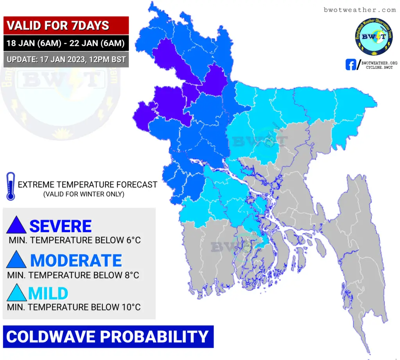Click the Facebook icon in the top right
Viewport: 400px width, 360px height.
pos(351,65)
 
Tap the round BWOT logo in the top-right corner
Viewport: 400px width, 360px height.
pos(374,37)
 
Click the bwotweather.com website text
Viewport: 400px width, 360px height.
pos(360,10)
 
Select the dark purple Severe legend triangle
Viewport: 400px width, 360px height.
pos(16,225)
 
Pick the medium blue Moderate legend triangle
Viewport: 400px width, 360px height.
pos(16,259)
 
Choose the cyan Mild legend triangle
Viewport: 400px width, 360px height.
pos(16,292)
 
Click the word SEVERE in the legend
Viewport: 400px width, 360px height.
pos(61,226)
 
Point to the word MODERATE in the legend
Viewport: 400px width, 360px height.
pos(76,260)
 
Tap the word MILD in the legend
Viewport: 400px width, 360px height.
pos(48,294)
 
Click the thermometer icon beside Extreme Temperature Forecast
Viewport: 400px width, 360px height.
pos(11,186)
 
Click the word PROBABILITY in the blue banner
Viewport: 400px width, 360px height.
pos(154,337)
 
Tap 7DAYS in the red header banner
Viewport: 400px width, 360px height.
pos(90,25)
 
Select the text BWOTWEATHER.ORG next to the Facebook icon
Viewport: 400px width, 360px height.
pos(379,63)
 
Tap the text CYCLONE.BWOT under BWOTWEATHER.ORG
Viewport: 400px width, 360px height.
pos(379,68)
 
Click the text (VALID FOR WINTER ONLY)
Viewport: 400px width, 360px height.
pos(84,194)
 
